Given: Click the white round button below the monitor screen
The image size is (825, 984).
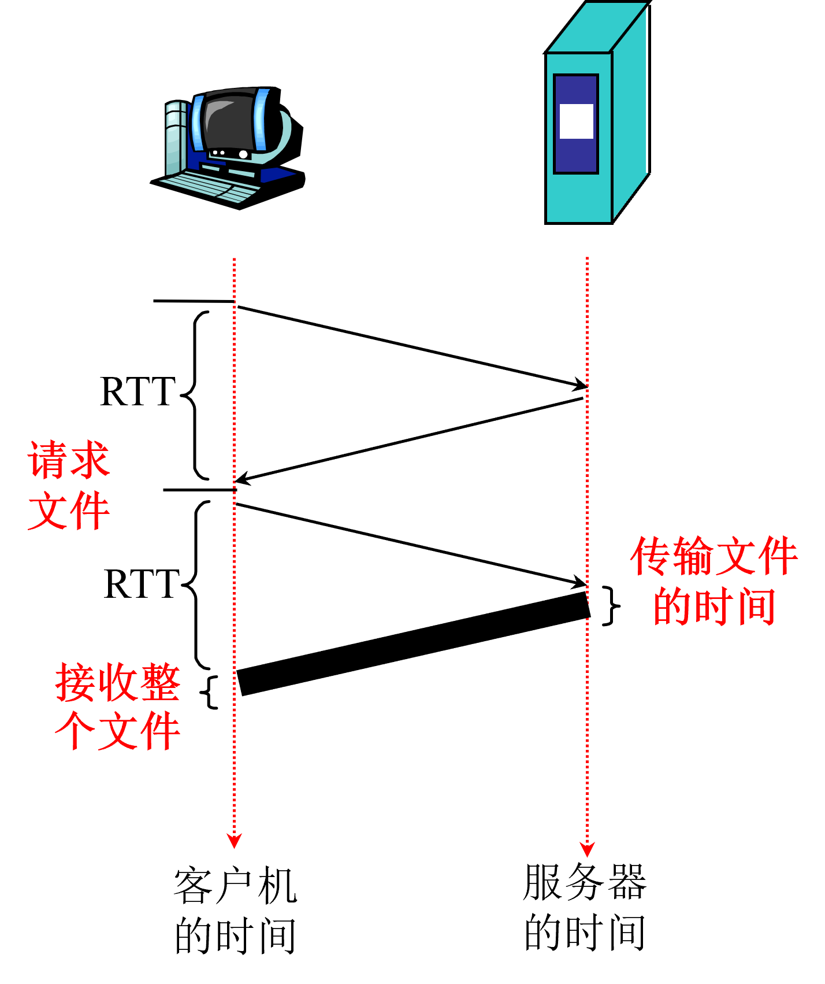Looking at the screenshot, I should [243, 154].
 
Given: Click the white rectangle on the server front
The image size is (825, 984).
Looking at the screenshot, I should [576, 121].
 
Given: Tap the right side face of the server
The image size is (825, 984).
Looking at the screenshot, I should [629, 116].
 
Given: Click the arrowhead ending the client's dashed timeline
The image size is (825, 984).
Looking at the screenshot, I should [234, 841].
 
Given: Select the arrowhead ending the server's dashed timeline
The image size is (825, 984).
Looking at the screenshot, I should [587, 849].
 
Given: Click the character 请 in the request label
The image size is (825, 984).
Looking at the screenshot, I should [48, 460].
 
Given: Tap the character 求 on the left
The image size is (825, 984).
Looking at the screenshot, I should [90, 460].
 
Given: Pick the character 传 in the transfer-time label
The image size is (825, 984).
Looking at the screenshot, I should [651, 556].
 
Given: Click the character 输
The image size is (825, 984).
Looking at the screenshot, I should [693, 556].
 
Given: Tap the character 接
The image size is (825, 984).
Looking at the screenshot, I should [76, 683].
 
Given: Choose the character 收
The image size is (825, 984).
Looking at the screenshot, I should [118, 683].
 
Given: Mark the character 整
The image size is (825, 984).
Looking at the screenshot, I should [160, 683].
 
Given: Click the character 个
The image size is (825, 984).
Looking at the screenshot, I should [76, 731].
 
